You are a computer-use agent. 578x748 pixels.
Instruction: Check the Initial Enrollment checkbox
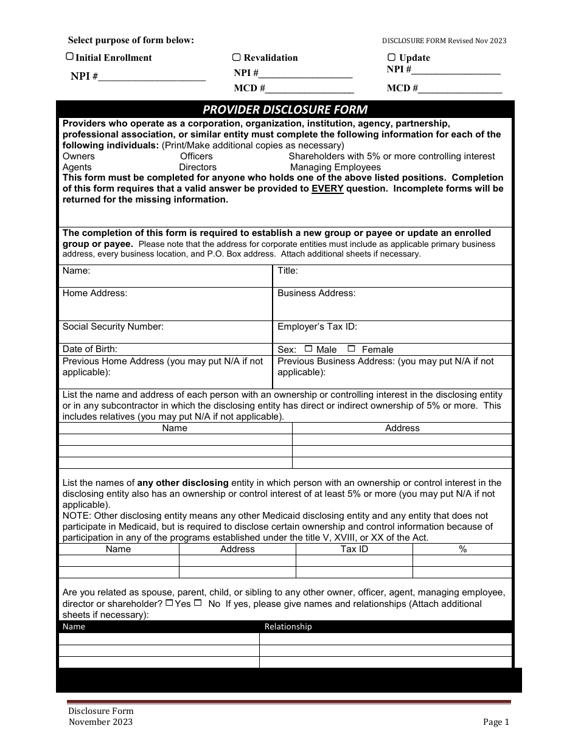pyautogui.click(x=69, y=57)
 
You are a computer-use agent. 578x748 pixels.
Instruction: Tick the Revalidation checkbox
pyautogui.click(x=236, y=57)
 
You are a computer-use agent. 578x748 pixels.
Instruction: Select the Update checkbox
pyautogui.click(x=391, y=57)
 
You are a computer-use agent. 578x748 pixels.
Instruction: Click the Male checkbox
pyautogui.click(x=308, y=348)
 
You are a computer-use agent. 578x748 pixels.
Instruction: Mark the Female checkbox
pyautogui.click(x=351, y=348)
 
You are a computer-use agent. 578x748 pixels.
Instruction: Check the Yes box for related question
pyautogui.click(x=169, y=603)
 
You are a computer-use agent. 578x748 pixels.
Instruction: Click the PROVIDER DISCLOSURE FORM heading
pyautogui.click(x=285, y=109)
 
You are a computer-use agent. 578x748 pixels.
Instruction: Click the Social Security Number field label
pyautogui.click(x=113, y=327)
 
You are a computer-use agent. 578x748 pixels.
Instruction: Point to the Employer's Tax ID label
pyautogui.click(x=317, y=327)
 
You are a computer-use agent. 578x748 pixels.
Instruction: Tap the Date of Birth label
pyautogui.click(x=90, y=349)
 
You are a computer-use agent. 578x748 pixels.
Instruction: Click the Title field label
pyautogui.click(x=288, y=271)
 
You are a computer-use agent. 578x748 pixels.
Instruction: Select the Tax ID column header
pyautogui.click(x=354, y=549)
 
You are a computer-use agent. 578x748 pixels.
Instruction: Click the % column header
pyautogui.click(x=462, y=549)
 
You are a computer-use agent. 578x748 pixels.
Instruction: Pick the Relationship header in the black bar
pyautogui.click(x=288, y=626)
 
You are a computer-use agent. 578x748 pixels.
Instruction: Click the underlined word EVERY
pyautogui.click(x=327, y=189)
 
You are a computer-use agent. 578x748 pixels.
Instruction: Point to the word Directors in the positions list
pyautogui.click(x=198, y=167)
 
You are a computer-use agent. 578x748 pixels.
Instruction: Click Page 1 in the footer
pyautogui.click(x=495, y=722)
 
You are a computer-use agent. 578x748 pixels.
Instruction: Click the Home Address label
pyautogui.click(x=95, y=293)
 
